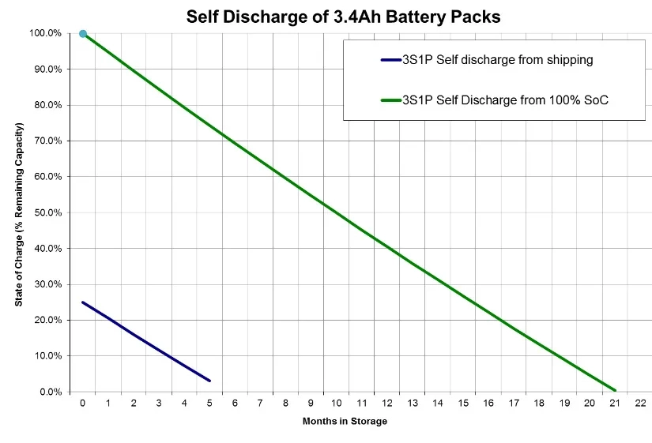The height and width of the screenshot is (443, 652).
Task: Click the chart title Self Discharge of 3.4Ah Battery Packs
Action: [343, 17]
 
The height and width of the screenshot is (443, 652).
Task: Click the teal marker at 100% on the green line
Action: [83, 34]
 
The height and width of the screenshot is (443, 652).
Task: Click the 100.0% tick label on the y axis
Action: [45, 33]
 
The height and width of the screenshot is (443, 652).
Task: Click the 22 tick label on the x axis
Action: [641, 403]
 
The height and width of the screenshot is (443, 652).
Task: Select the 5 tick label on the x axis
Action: [209, 403]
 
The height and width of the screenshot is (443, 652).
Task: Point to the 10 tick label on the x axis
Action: [336, 403]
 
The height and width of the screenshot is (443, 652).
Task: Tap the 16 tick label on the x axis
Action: [488, 403]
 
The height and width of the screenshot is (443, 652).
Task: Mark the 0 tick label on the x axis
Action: [83, 403]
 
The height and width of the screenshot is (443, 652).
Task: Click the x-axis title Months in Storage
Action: [345, 422]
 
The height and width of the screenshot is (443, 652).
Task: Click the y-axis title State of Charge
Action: [19, 214]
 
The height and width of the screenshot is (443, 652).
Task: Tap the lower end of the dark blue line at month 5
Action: [209, 381]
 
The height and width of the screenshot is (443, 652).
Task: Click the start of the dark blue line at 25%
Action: [83, 302]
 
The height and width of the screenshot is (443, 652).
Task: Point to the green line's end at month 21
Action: [615, 390]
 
